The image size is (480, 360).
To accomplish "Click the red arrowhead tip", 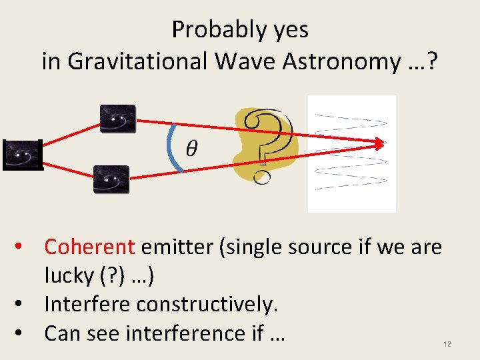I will click(383, 143).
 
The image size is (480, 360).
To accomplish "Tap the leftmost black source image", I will click(23, 155).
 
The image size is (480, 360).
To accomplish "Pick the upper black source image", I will click(117, 119).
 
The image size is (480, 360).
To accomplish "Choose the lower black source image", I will click(111, 179).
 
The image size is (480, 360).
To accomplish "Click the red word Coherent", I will click(89, 247).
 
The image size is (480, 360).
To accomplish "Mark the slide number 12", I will click(447, 344).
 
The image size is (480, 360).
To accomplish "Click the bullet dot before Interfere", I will click(24, 305).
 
